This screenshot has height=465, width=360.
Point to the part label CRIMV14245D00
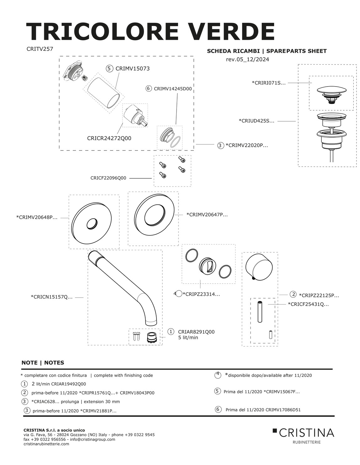(x=172, y=89)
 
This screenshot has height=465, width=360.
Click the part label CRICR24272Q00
(x=109, y=138)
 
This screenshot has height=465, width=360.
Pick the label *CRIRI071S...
(x=268, y=83)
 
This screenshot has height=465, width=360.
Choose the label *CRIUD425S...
(x=256, y=121)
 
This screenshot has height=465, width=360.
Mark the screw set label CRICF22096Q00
(x=108, y=178)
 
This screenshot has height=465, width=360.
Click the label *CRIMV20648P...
(x=37, y=217)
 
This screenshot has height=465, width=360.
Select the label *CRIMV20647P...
(x=207, y=215)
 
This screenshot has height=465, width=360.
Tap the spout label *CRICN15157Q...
(x=51, y=297)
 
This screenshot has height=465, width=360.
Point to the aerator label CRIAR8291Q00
(x=196, y=332)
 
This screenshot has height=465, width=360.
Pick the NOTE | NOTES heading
(x=43, y=363)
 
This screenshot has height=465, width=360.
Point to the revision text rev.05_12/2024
(x=247, y=59)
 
